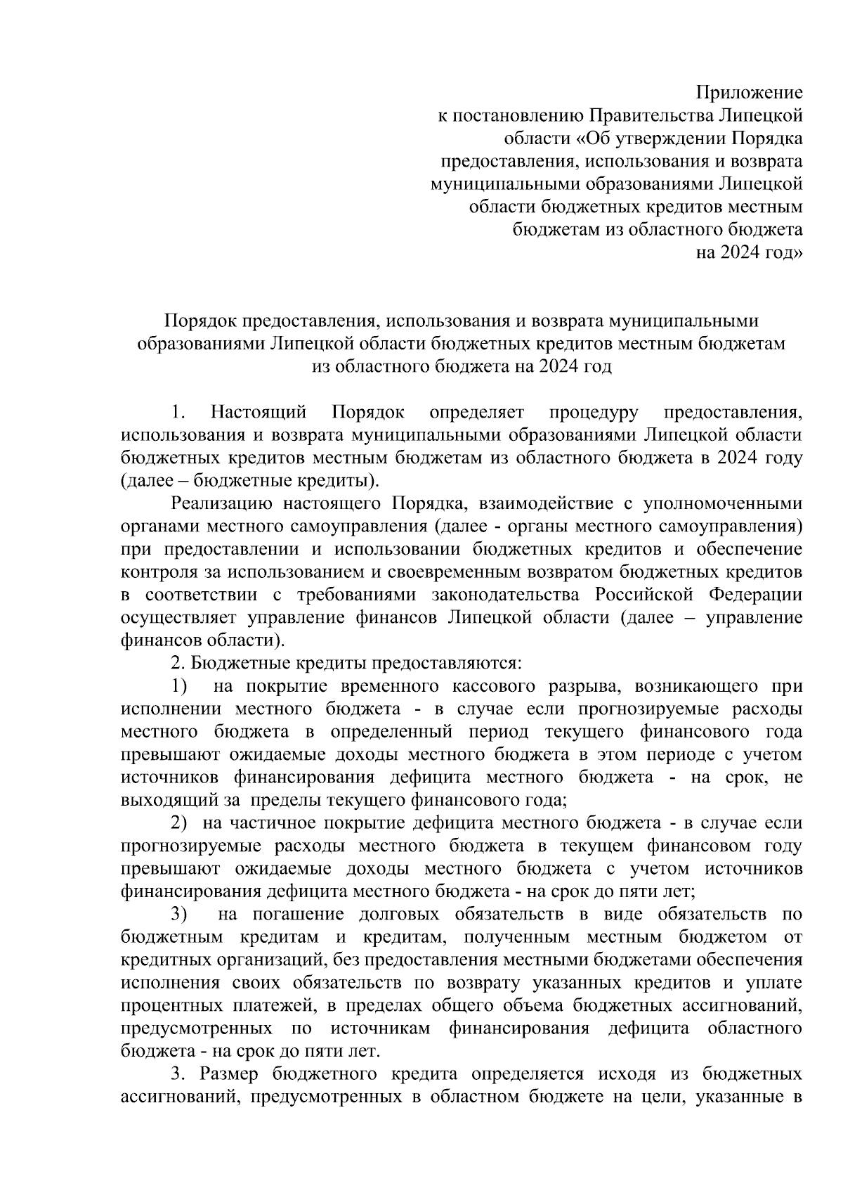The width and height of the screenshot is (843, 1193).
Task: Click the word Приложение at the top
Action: [749, 92]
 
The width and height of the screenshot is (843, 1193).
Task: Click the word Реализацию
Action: [218, 503]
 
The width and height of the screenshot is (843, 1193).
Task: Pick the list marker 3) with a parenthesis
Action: [180, 914]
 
